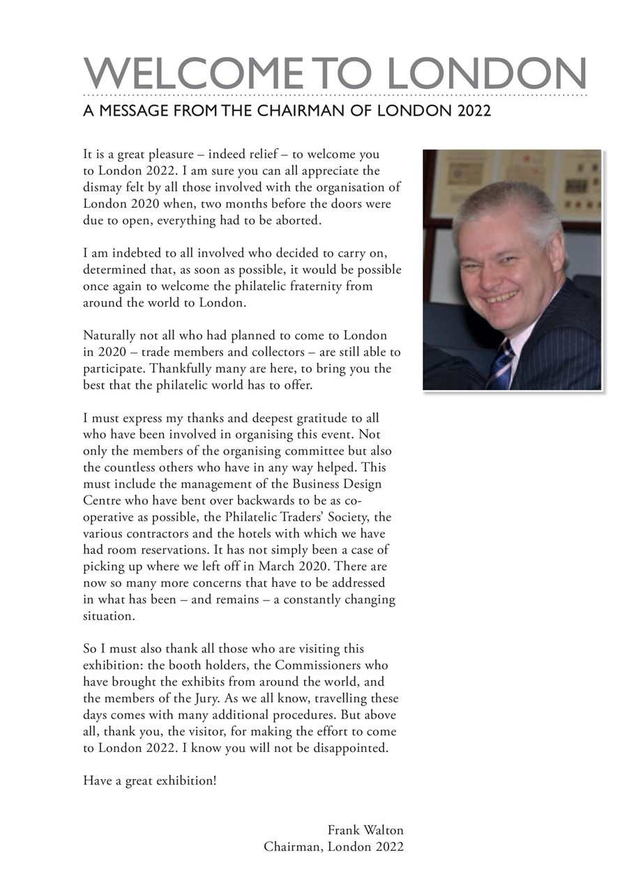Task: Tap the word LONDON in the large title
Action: click(x=486, y=72)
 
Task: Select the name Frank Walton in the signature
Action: click(x=365, y=830)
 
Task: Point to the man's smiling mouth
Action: click(x=504, y=297)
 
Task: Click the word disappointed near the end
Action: click(x=351, y=748)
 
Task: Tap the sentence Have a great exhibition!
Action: click(x=150, y=780)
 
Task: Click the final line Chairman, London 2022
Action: click(x=333, y=847)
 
